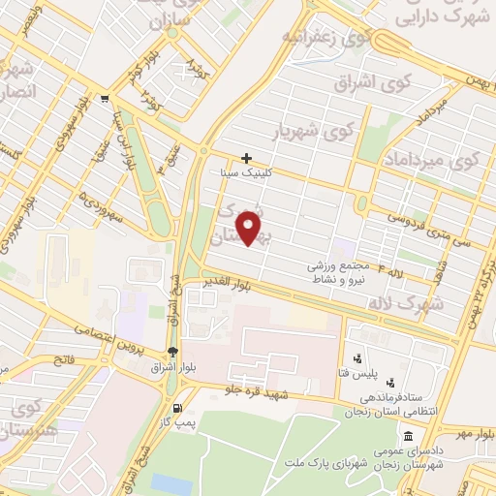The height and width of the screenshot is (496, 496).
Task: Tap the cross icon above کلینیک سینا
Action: point(247,158)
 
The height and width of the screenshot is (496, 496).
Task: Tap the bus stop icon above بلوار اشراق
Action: point(172,352)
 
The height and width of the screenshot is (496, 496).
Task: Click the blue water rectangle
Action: point(171,484)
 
